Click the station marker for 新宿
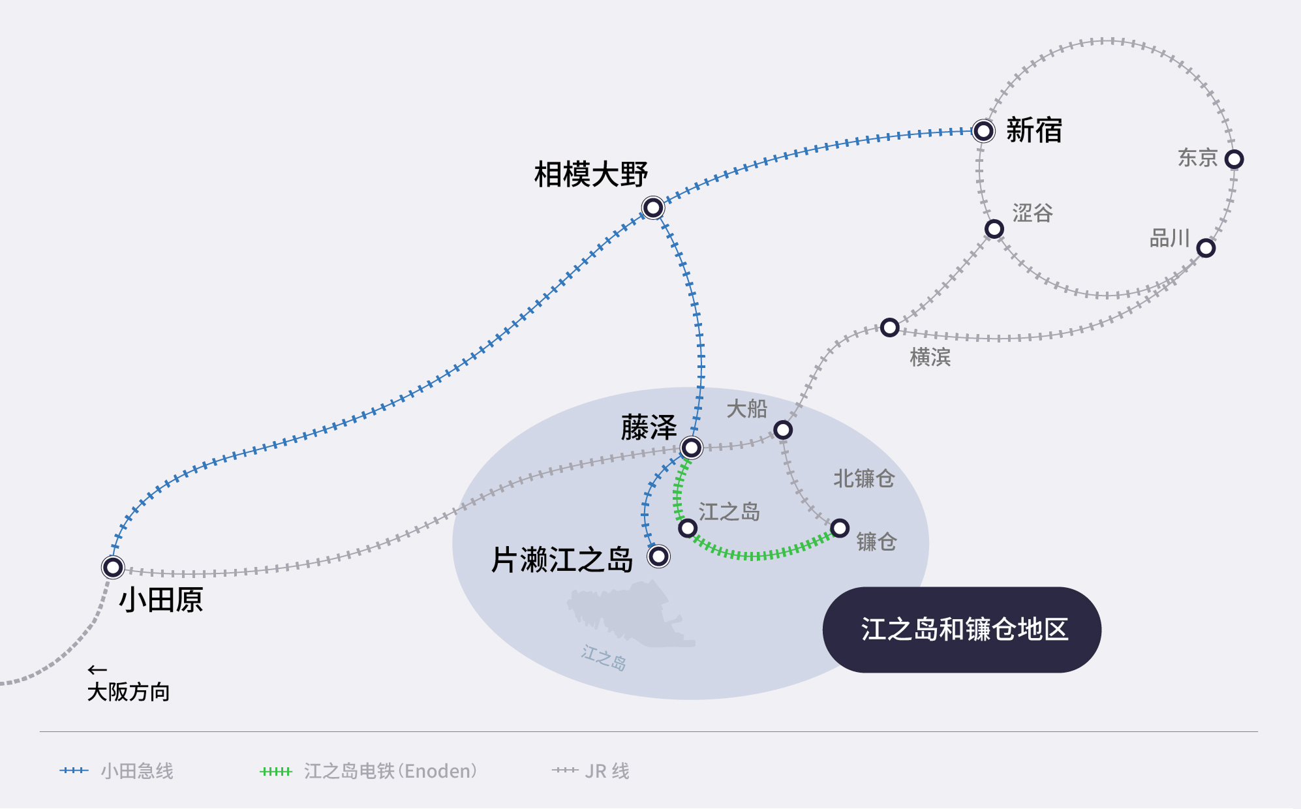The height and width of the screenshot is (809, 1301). tap(983, 131)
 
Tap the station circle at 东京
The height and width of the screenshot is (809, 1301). tap(1234, 159)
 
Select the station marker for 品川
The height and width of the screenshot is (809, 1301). tap(1206, 248)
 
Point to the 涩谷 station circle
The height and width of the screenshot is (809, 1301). tap(994, 229)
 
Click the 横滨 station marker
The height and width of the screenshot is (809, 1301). tap(889, 328)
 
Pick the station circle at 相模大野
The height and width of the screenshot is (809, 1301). tap(653, 208)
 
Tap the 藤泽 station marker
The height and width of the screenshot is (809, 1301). tap(691, 448)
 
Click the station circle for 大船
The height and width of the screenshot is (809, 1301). tap(783, 430)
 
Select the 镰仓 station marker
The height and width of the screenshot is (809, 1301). tap(840, 528)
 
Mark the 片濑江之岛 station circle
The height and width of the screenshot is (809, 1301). tap(659, 557)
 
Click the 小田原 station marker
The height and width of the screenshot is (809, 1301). tap(113, 567)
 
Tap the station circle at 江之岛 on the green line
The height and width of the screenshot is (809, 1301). tap(688, 528)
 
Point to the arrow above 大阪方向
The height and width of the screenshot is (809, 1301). tap(97, 670)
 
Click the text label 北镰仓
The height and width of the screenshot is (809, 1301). tap(863, 478)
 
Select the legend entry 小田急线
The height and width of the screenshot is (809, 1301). tap(136, 771)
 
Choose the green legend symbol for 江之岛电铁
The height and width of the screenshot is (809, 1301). tap(275, 771)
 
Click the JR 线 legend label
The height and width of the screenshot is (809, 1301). tap(607, 771)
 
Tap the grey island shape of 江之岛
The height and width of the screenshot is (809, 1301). tap(626, 613)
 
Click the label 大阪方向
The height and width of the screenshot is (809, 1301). tap(129, 692)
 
